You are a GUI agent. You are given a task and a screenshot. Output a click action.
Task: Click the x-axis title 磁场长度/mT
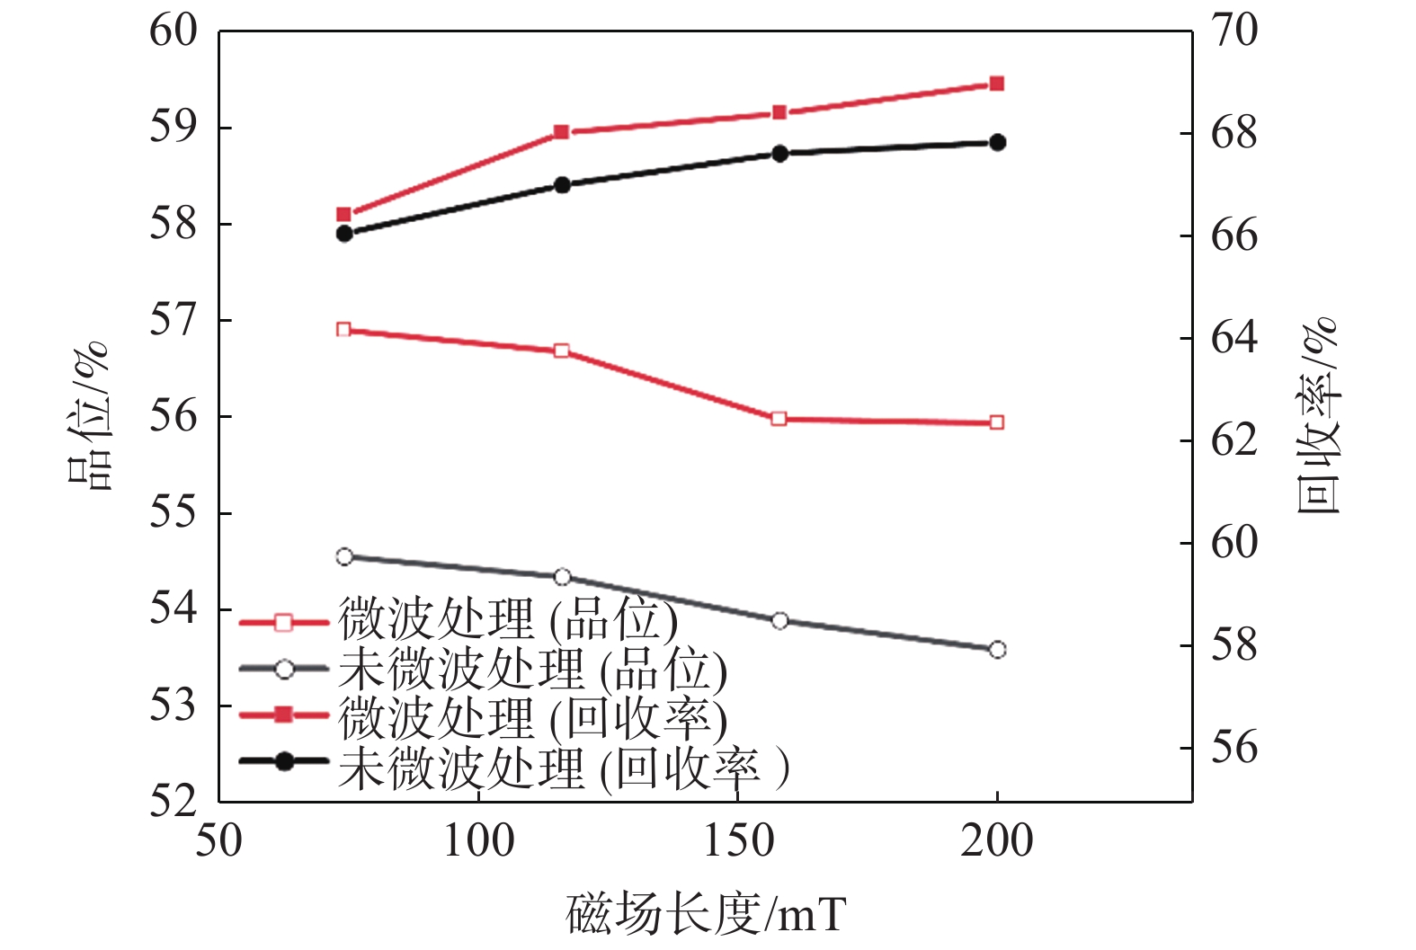click(706, 915)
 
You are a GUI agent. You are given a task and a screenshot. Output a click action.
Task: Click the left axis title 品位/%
click(91, 416)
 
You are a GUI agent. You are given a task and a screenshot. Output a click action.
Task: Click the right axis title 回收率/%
click(1319, 416)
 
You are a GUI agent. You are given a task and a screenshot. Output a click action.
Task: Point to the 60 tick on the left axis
click(174, 31)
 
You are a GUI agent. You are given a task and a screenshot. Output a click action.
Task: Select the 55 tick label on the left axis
click(174, 513)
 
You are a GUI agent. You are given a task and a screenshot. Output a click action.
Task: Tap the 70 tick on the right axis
click(1234, 31)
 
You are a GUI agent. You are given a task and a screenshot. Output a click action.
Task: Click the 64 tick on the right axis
click(1234, 339)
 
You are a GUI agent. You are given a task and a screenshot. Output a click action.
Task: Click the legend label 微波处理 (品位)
click(508, 620)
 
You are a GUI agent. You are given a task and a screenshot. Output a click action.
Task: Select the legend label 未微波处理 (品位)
click(533, 670)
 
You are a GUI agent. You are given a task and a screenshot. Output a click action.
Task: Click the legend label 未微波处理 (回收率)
click(564, 768)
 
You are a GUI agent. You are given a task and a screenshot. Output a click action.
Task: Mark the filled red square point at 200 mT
click(996, 84)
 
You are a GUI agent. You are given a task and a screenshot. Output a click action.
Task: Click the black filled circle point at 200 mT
click(997, 142)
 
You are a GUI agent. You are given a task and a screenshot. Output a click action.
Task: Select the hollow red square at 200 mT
click(996, 422)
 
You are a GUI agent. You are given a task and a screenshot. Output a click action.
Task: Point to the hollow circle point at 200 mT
click(997, 650)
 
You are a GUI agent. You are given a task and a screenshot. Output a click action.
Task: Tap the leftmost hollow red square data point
click(343, 330)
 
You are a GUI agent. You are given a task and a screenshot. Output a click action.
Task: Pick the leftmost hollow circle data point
click(344, 557)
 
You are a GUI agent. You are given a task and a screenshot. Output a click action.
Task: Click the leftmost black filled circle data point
click(344, 234)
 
